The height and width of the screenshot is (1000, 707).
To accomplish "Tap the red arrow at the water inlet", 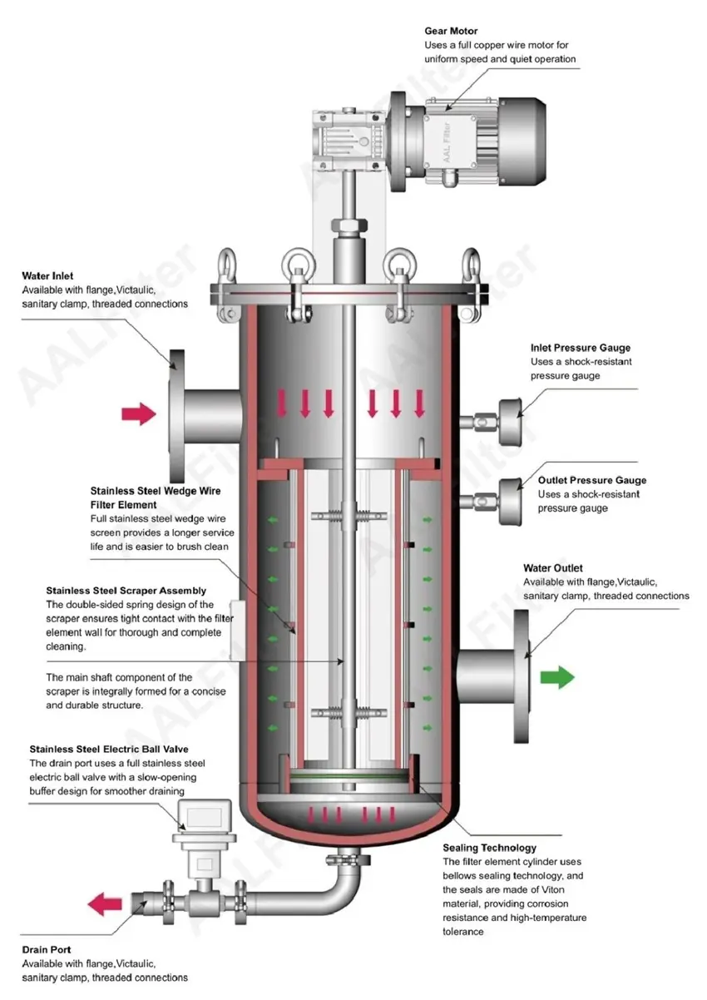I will point(138,412).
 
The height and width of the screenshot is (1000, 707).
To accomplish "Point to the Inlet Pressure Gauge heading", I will point(581,348).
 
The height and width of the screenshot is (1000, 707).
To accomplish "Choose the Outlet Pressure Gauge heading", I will point(591,480).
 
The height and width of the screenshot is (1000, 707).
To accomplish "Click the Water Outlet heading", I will point(553,568).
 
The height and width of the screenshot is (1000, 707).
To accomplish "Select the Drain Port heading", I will point(47,949).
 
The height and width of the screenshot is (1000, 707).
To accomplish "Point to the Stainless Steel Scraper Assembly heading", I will point(126,591).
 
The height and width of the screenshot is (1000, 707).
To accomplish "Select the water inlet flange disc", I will point(176,412).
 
